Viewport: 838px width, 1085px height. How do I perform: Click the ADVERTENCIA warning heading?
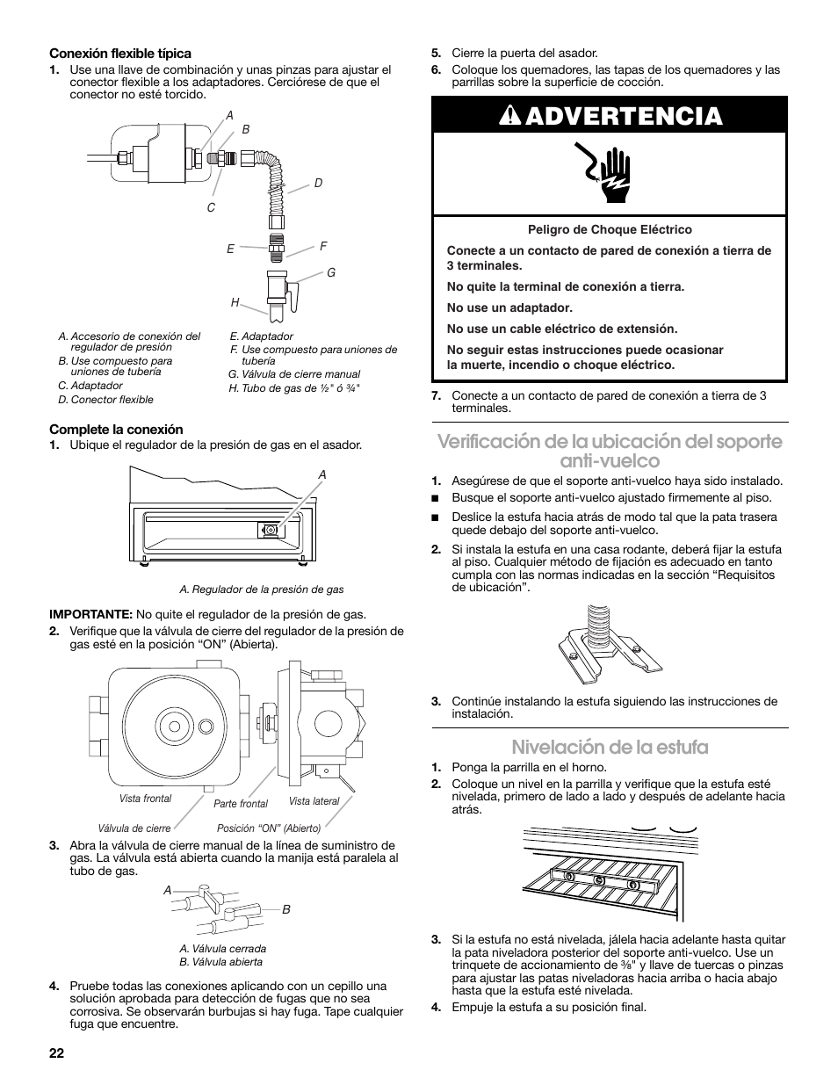(x=610, y=116)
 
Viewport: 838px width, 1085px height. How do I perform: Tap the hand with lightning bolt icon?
(x=610, y=174)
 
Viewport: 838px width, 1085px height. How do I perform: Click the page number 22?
(x=57, y=1052)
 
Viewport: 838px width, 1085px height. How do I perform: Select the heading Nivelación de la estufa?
(x=610, y=747)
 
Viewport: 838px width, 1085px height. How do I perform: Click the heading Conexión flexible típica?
(x=120, y=54)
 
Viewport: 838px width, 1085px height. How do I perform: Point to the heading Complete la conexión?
(x=116, y=430)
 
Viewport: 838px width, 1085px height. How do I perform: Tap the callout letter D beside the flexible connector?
(x=319, y=183)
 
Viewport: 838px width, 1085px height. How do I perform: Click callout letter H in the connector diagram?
(x=235, y=302)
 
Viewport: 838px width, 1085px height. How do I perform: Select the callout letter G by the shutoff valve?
(x=331, y=273)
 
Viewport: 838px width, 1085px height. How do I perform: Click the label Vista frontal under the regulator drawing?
(x=145, y=799)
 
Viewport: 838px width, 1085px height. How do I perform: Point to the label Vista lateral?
(x=314, y=801)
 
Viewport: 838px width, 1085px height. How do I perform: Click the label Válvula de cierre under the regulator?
(x=134, y=828)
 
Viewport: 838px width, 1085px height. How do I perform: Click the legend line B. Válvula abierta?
(x=220, y=962)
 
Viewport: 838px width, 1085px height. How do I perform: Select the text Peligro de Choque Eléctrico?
(x=610, y=230)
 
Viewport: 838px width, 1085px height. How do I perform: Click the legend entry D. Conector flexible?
(x=105, y=400)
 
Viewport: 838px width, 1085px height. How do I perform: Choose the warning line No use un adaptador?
(x=509, y=307)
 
